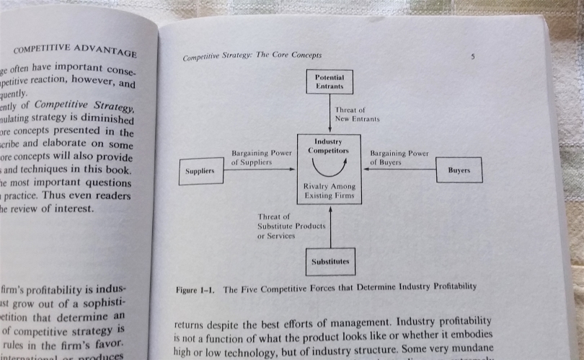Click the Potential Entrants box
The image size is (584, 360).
(329, 82)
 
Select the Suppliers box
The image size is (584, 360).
(201, 171)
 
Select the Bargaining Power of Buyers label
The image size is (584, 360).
(399, 157)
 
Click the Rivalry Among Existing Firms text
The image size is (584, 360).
(329, 191)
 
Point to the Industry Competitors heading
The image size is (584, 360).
(329, 146)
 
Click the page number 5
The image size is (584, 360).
(472, 56)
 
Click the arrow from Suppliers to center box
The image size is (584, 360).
(260, 170)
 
